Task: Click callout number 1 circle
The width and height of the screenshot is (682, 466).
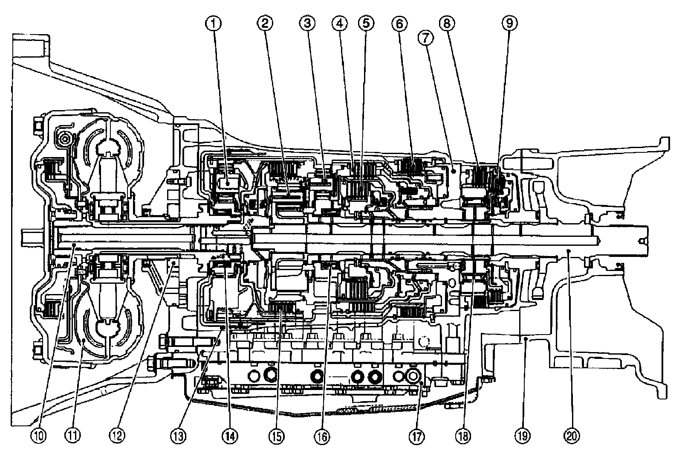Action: click(x=214, y=23)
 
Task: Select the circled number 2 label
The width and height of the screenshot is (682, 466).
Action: click(x=265, y=23)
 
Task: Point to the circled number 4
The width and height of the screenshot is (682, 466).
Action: click(x=339, y=23)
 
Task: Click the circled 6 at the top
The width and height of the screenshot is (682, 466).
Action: click(x=399, y=23)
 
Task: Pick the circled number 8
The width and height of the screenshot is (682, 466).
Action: click(x=447, y=23)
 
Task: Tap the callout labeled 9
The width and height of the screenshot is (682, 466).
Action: click(x=509, y=23)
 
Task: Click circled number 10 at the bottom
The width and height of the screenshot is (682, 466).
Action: click(x=39, y=436)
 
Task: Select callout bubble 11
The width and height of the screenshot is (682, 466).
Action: click(x=73, y=436)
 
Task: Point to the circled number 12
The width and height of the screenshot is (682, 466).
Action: click(x=117, y=436)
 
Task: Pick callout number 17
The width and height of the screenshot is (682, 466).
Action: click(x=416, y=436)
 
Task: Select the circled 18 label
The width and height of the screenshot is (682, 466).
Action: click(x=463, y=436)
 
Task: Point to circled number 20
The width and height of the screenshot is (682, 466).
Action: click(x=572, y=436)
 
